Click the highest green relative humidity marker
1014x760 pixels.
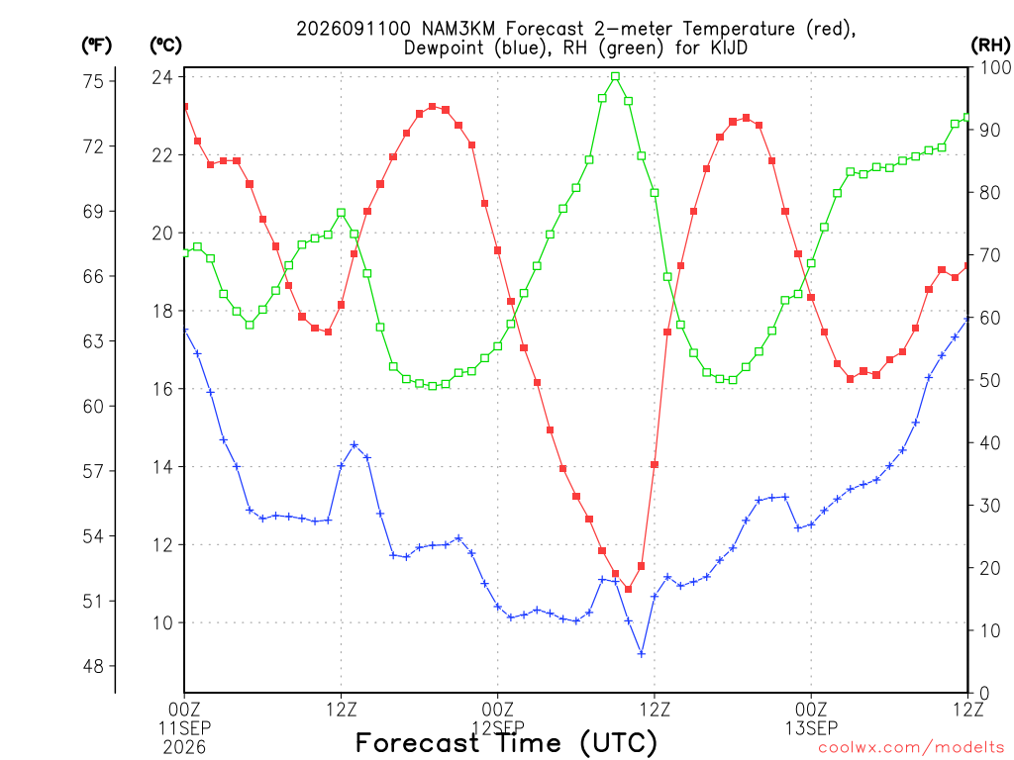(615, 76)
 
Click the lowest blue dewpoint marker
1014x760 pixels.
(642, 654)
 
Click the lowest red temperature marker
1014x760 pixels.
(628, 590)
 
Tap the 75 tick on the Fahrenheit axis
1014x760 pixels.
(93, 81)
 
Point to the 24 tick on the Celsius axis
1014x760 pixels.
(162, 77)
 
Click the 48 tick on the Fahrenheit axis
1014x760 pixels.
(93, 666)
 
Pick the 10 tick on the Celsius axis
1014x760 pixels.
(162, 623)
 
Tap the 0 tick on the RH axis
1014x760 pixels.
(985, 694)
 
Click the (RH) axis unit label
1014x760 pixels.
(990, 46)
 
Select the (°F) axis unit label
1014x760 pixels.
(97, 46)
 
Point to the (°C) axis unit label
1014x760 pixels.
(166, 46)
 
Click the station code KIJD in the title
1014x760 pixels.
(730, 47)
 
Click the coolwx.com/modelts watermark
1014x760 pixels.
(911, 748)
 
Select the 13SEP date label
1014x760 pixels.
(811, 728)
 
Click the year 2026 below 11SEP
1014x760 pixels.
(184, 748)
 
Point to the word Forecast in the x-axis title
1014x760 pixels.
(417, 742)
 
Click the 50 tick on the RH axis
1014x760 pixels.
(990, 381)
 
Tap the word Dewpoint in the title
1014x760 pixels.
(444, 47)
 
